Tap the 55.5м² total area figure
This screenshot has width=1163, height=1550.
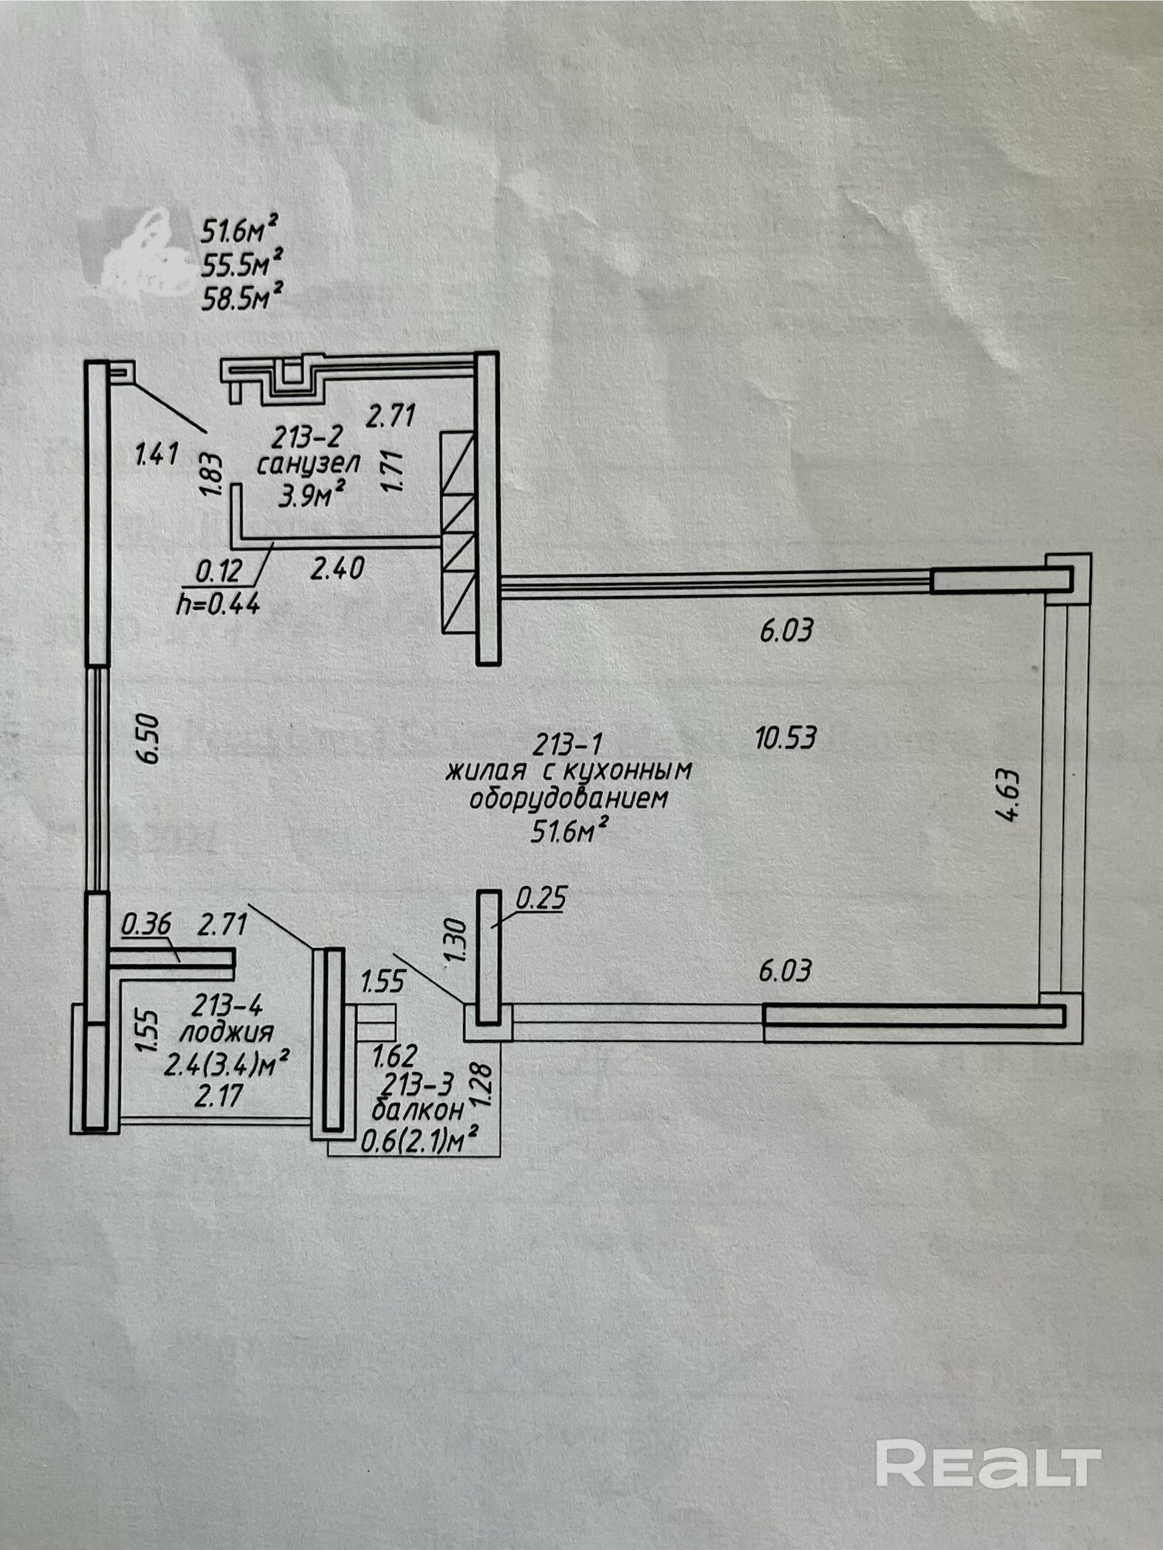(241, 264)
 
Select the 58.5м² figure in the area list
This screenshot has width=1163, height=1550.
(241, 298)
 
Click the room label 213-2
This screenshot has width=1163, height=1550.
(307, 438)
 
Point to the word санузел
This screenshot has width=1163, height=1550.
(308, 464)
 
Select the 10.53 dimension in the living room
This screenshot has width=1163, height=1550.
(786, 737)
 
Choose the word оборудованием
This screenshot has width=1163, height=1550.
(569, 799)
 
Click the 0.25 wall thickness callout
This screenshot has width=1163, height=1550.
(541, 899)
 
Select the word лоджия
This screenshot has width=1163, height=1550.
(226, 1031)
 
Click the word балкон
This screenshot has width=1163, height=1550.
(418, 1109)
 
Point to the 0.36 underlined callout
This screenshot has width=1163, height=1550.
(146, 924)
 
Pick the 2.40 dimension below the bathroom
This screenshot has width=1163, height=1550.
(337, 569)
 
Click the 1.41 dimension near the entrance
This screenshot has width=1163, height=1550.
(157, 453)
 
